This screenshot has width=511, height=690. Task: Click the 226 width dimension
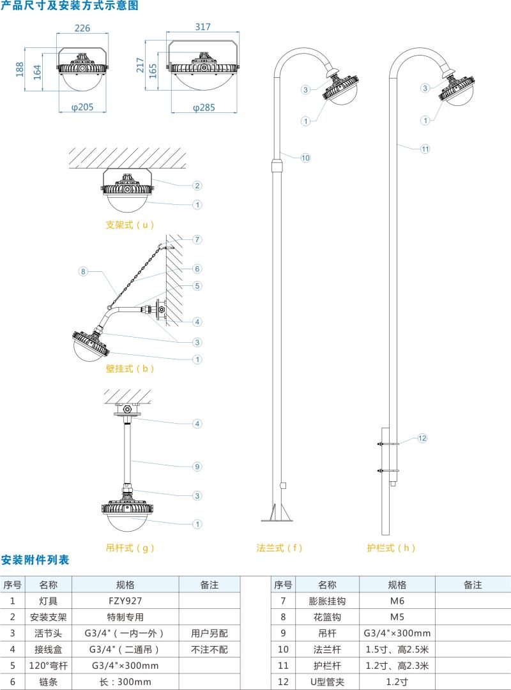coord(82,28)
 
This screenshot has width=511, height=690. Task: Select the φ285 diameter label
coord(204,107)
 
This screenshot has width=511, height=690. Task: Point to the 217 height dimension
coord(141,66)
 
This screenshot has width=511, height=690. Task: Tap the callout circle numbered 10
coord(305,158)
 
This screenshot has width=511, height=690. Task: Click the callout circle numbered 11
coord(425,149)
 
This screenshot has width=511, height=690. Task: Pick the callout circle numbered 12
coord(422,438)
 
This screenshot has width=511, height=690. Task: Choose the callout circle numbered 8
coord(82,271)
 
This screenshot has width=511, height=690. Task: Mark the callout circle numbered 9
coord(198,467)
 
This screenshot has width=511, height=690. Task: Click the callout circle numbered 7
coord(198,239)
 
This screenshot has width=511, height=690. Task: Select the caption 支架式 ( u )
coord(130,225)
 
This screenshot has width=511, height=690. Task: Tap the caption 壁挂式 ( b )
coord(130,368)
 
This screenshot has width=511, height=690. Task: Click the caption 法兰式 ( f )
coord(279,548)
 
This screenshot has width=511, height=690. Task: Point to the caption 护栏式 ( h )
coord(391,548)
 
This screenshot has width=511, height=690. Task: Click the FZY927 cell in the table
coord(125,601)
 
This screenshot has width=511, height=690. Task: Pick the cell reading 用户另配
coord(209,633)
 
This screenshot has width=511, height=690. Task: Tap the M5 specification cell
coord(397,617)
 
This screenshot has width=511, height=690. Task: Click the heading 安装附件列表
coord(35,560)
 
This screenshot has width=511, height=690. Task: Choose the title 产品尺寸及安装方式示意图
coord(69,6)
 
